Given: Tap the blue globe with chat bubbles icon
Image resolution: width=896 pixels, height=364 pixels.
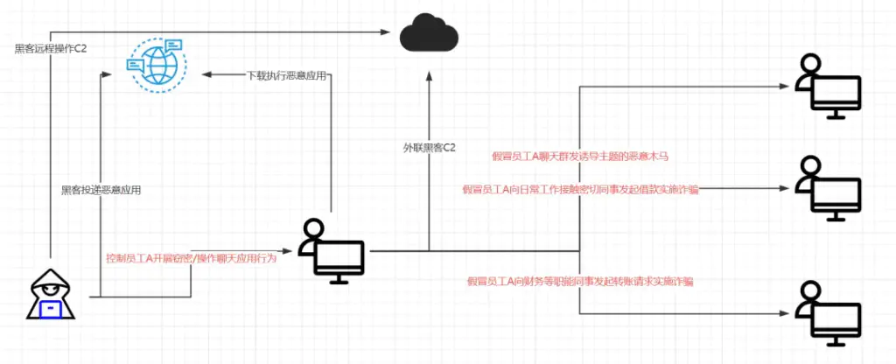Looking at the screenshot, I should point(155,62).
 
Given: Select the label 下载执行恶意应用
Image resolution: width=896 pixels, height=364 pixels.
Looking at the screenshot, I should point(285,76).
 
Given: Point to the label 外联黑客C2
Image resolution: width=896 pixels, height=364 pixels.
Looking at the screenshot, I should point(423,148).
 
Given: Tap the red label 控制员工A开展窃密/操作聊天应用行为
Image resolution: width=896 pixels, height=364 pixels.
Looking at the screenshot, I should point(191,258).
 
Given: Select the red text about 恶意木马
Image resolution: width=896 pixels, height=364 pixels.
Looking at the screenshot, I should point(581,156).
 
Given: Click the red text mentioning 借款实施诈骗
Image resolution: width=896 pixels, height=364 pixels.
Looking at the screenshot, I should point(579,189).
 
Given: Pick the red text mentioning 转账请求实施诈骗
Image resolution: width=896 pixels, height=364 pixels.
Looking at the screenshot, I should point(580,281).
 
